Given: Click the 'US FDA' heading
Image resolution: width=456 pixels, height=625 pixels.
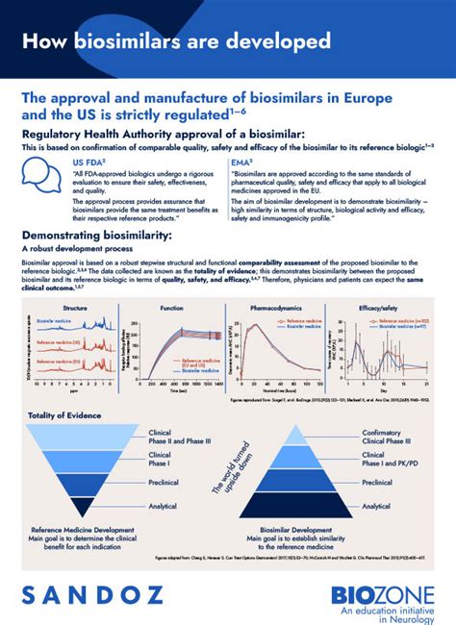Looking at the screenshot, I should pos(88,164).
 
